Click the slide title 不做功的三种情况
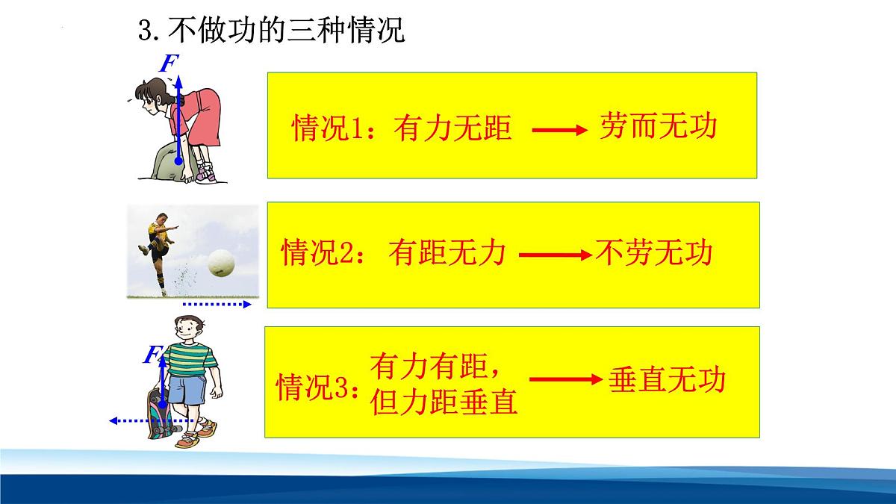272,31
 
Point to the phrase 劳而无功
657,127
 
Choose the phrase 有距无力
447,254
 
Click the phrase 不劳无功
654,253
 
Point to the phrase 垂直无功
667,380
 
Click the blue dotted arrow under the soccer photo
217,305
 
